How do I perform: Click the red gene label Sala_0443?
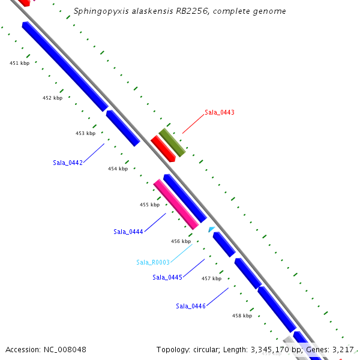click(x=219, y=112)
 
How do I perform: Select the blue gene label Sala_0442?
click(x=67, y=163)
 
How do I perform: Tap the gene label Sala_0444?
click(x=128, y=232)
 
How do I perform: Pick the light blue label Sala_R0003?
click(x=153, y=262)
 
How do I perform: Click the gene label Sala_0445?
click(x=167, y=277)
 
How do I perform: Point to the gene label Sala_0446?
click(x=191, y=306)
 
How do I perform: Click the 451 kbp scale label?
click(x=20, y=63)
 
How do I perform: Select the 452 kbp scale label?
click(x=52, y=98)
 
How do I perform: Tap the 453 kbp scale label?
click(x=85, y=133)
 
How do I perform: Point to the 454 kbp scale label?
click(x=118, y=169)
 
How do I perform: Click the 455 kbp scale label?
click(x=149, y=205)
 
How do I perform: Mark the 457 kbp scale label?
click(x=211, y=278)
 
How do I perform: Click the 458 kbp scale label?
click(x=242, y=316)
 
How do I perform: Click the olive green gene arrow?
click(x=172, y=143)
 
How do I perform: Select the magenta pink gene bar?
click(x=176, y=204)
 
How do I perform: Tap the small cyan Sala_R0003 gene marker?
click(x=211, y=229)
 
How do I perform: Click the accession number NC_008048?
click(x=70, y=349)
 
